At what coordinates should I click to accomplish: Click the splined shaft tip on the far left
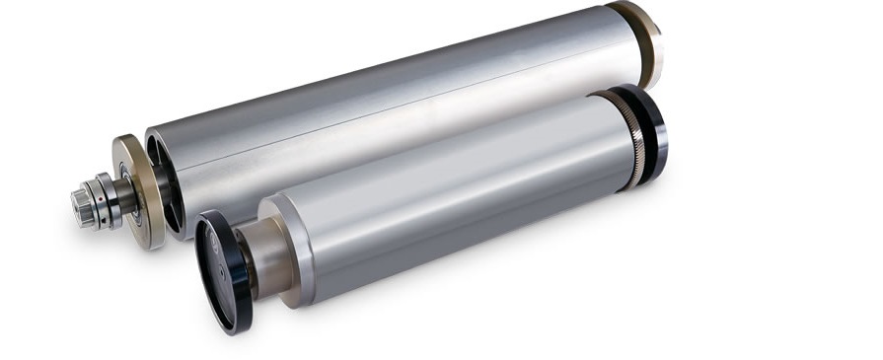[81, 208]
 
